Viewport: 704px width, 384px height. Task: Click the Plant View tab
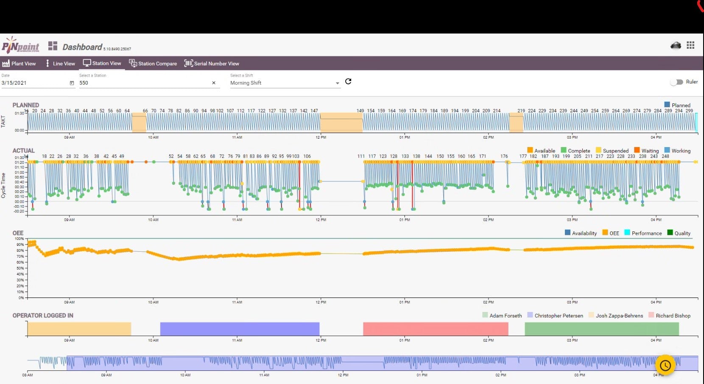click(x=19, y=64)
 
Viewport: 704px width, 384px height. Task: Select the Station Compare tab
click(x=153, y=64)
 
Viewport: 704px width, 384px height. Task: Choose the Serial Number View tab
click(x=212, y=64)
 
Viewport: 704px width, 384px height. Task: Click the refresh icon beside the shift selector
click(x=348, y=81)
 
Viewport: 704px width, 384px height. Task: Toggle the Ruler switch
click(x=676, y=82)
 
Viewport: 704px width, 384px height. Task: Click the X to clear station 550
click(x=214, y=83)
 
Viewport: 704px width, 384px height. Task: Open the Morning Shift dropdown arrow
click(x=338, y=83)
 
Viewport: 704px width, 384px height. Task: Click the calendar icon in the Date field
click(x=72, y=83)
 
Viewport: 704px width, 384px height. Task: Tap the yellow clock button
click(x=665, y=365)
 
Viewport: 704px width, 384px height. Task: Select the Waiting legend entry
click(x=646, y=150)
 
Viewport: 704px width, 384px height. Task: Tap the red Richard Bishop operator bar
click(x=436, y=329)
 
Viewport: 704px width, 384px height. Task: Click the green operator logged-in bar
click(x=601, y=329)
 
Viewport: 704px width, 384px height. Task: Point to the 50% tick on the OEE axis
click(x=20, y=268)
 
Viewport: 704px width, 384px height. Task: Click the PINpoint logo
click(x=20, y=46)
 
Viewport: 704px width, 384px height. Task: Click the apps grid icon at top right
click(x=690, y=45)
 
